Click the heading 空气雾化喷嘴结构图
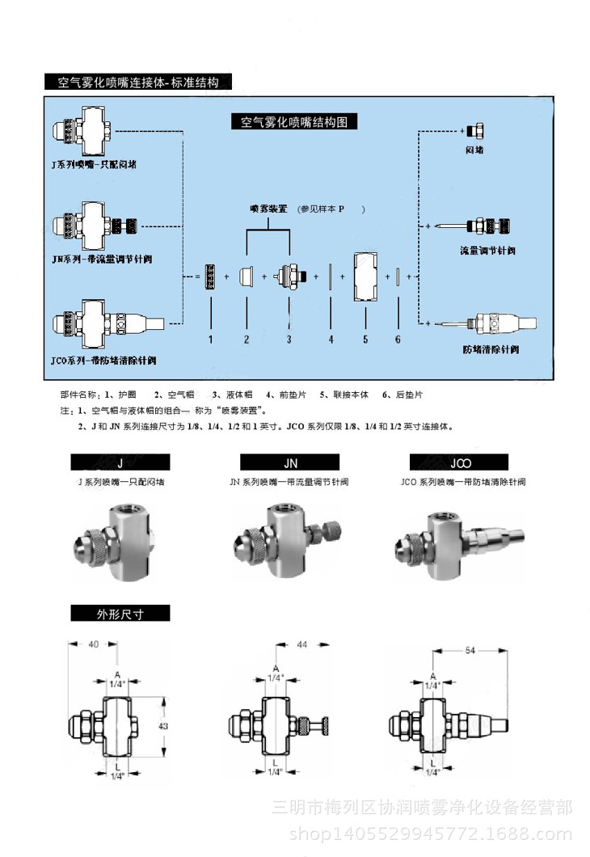coord(294,122)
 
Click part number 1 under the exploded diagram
coord(210,340)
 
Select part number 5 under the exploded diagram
coord(365,340)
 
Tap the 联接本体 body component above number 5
coord(365,277)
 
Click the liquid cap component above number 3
coord(289,276)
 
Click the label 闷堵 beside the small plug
coord(474,150)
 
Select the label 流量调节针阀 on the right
coord(487,250)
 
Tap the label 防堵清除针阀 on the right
coord(491,349)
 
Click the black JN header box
coord(290,462)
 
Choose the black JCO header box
coord(459,462)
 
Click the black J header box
coord(120,462)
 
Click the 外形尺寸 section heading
coord(120,613)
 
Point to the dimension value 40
coord(93,644)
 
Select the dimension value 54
coord(470,649)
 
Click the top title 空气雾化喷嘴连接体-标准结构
coord(138,82)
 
